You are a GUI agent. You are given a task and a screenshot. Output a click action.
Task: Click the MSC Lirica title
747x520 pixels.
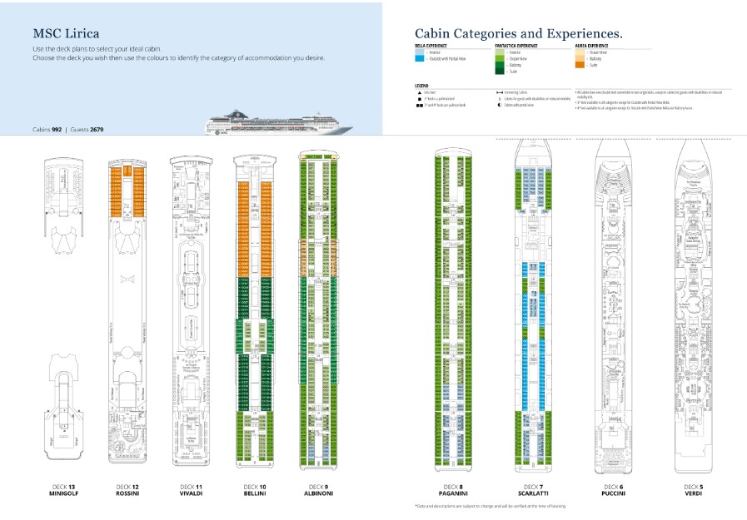67,34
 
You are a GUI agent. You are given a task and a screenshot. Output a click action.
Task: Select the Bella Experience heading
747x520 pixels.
431,45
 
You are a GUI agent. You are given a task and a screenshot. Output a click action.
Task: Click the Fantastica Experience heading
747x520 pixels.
515,45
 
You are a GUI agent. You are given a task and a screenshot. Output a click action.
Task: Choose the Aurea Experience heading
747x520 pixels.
591,45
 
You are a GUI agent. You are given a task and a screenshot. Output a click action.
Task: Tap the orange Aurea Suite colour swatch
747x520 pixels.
580,65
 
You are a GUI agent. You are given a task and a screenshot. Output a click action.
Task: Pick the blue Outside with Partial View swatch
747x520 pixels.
419,58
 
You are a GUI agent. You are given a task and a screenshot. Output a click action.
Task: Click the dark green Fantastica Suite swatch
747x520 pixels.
500,72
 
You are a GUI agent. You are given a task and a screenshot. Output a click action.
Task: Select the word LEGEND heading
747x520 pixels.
421,85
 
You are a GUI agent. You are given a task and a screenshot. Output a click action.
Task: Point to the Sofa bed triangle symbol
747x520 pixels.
417,92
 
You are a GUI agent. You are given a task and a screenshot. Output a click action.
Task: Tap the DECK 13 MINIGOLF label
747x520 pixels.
60,490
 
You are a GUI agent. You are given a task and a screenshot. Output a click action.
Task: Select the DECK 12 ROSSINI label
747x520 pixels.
128,490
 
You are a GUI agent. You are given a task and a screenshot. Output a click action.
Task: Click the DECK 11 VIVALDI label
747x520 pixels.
192,490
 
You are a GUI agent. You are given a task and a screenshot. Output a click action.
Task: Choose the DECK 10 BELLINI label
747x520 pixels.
255,490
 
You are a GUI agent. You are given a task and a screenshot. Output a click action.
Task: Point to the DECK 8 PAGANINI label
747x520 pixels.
453,490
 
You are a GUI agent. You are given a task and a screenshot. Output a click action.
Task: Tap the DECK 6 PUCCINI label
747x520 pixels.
613,490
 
